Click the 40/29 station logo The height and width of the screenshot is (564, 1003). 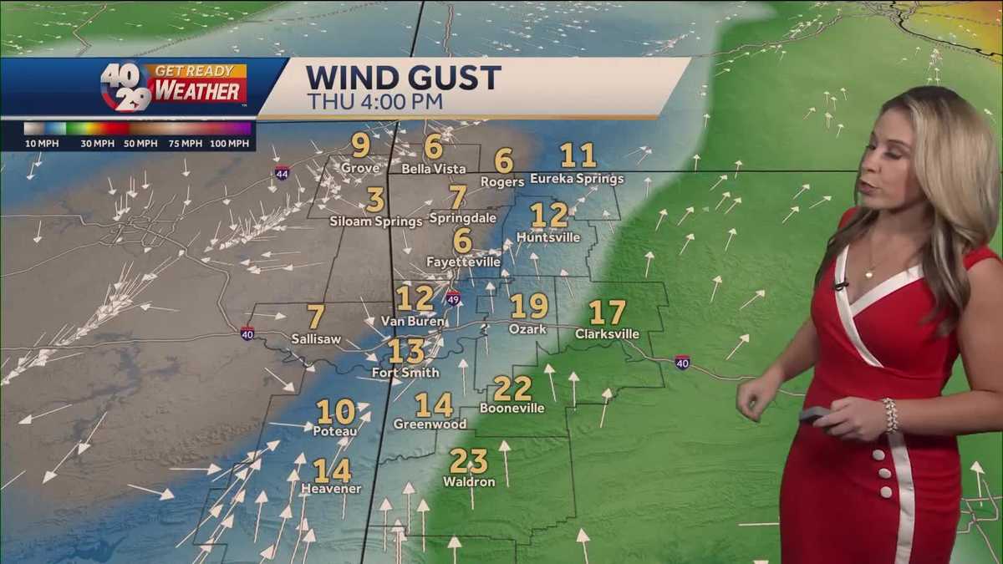tap(126, 87)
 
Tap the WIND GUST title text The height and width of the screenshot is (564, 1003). tap(403, 77)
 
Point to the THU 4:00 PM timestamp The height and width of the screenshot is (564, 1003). tap(374, 102)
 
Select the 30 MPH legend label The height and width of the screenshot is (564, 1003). tap(98, 144)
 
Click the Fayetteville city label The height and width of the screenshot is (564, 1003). tap(463, 262)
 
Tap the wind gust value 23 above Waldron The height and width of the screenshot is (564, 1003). tap(468, 461)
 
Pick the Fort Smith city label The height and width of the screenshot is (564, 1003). tap(405, 372)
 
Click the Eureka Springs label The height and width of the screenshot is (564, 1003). tap(577, 179)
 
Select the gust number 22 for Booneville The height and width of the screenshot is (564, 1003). tap(512, 389)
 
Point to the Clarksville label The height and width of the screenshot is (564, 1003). tap(607, 334)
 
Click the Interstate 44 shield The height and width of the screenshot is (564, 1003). tap(282, 173)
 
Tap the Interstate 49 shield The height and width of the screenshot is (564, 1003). tap(452, 297)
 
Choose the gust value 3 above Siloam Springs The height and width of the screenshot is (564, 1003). tap(375, 201)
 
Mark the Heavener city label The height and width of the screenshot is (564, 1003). tap(332, 489)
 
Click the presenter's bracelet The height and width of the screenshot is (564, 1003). tap(890, 415)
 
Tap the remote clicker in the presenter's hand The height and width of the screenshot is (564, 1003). tap(813, 414)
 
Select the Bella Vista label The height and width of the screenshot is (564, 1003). tap(433, 169)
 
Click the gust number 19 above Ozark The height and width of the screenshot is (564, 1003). tap(528, 307)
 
